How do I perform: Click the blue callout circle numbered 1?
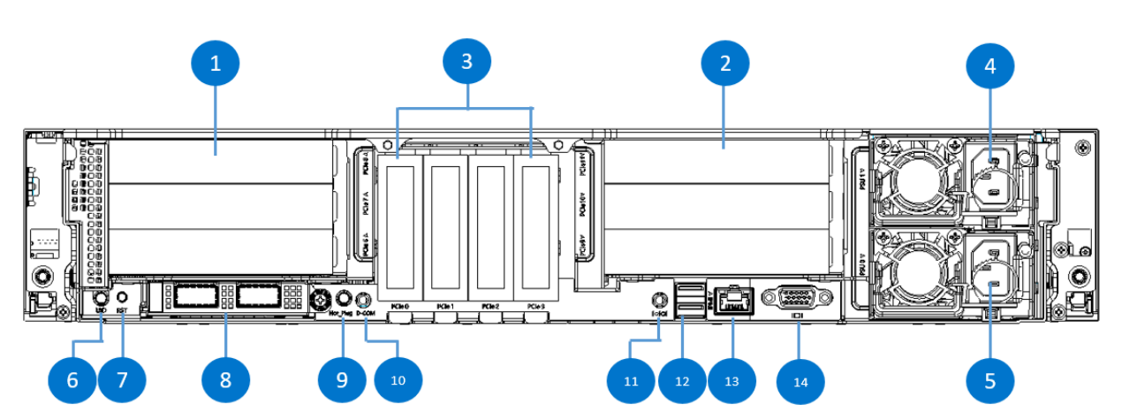(x=216, y=64)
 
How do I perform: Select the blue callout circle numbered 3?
(x=466, y=64)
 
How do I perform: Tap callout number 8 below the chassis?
(x=225, y=379)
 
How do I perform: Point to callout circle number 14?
(x=800, y=381)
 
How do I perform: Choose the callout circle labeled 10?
(x=398, y=379)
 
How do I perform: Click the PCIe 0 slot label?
(x=401, y=306)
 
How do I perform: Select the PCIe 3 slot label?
(x=535, y=306)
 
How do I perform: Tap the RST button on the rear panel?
(x=124, y=299)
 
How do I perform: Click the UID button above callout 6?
(x=101, y=300)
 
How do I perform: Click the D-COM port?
(x=363, y=299)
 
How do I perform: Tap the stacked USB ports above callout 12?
(x=690, y=299)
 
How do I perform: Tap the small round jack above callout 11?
(x=658, y=300)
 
